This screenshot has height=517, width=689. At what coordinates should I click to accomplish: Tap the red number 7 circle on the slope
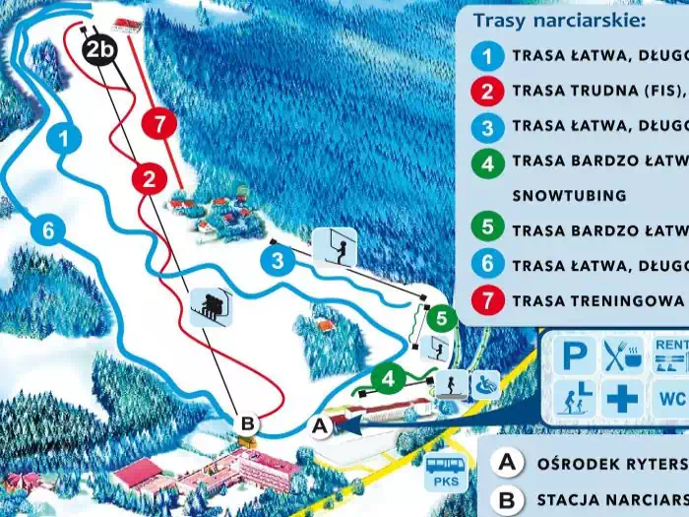pos(157,124)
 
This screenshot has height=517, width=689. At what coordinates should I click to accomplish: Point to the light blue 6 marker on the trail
pos(47,230)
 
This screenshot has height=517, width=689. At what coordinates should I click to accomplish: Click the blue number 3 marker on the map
pos(279,260)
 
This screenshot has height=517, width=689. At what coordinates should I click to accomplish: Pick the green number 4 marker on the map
pos(388,377)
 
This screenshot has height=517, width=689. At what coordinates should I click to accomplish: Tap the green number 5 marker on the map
pos(442,317)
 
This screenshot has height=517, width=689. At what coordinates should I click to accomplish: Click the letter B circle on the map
pos(248,423)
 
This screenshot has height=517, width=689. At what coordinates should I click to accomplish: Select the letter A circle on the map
pos(319,425)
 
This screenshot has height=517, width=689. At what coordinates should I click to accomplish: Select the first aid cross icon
pos(621,399)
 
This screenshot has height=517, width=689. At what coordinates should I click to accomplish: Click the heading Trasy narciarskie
pos(558,20)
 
